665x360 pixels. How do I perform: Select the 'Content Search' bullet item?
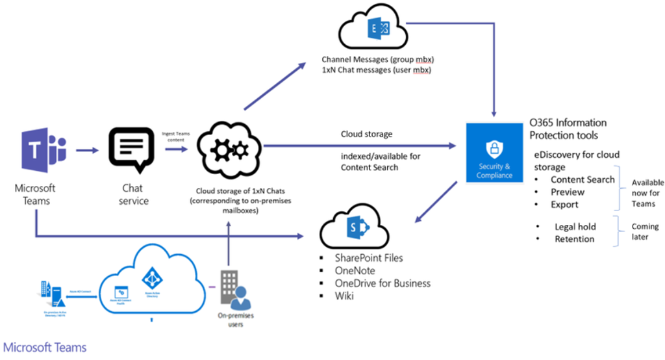(x=583, y=179)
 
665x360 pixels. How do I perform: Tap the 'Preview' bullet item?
(x=568, y=192)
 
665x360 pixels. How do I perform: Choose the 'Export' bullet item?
(x=564, y=204)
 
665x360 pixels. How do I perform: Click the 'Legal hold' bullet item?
(x=575, y=227)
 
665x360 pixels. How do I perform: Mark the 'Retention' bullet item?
(x=574, y=238)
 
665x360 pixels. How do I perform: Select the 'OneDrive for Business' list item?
(x=383, y=283)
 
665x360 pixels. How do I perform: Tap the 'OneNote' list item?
(x=355, y=270)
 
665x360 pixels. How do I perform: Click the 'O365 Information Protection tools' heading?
(x=568, y=128)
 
